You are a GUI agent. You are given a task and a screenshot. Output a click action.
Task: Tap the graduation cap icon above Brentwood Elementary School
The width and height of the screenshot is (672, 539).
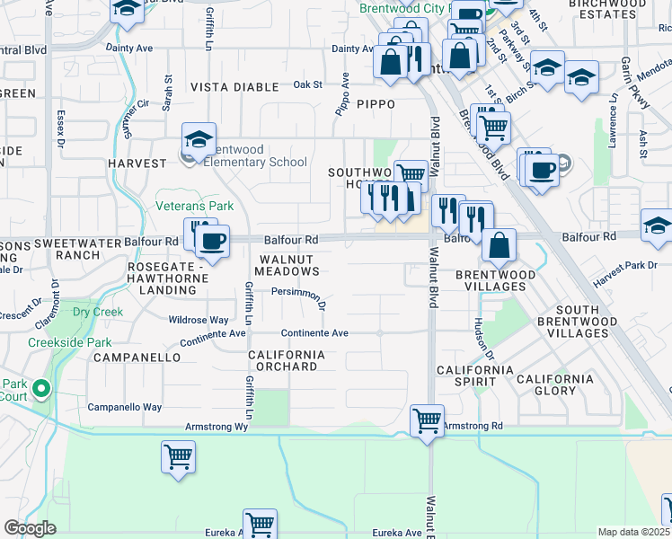coord(199,139)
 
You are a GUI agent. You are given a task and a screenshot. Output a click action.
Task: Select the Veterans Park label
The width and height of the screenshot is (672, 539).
coord(195,207)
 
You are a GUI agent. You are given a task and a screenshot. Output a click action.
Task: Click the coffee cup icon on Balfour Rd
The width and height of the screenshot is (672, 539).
coord(213,240)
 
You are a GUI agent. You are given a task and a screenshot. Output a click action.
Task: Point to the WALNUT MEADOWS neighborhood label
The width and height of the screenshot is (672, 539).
coord(288,265)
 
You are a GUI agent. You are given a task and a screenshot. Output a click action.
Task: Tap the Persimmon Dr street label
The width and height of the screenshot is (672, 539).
coord(297,296)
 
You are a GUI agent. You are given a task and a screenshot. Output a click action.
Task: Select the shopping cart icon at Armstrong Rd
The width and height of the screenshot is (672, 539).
coord(427,420)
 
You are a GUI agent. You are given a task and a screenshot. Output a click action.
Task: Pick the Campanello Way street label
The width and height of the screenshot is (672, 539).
coord(125,407)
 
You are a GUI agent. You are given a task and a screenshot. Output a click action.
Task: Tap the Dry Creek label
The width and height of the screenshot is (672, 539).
coord(98,312)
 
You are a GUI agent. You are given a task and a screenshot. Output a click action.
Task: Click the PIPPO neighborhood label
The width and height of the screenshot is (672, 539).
coord(376,104)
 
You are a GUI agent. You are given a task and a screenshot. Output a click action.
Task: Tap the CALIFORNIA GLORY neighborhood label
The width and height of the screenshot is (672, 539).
coord(554,384)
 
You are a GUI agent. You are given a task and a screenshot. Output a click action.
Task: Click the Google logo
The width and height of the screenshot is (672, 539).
coord(30,528)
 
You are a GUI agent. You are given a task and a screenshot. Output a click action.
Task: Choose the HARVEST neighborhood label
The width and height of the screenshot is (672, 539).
coord(137,164)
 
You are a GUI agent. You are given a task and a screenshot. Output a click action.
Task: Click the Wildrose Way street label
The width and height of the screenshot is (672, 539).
coord(199,320)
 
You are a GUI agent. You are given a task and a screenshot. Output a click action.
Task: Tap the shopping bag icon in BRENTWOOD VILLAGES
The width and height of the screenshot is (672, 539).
coord(498,244)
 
